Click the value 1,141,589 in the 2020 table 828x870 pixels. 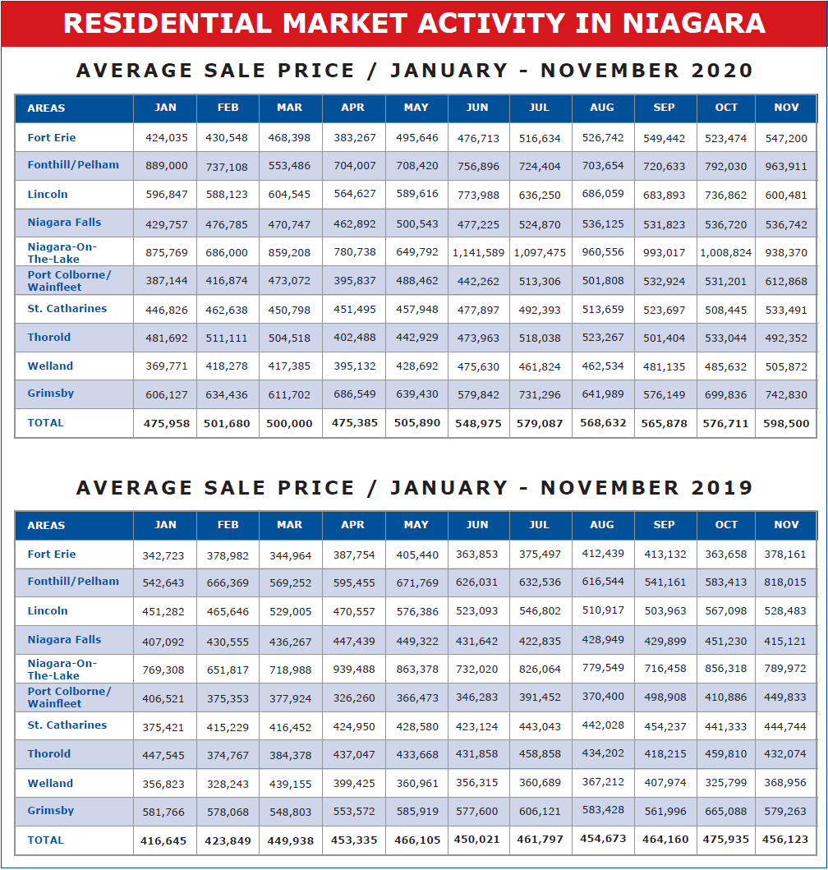coord(478,253)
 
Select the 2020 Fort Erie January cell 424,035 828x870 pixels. coord(167,137)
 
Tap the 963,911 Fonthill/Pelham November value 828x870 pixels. coord(786,166)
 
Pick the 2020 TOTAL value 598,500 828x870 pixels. coord(786,423)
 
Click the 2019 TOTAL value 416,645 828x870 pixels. coord(163,841)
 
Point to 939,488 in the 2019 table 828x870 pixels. coord(354,670)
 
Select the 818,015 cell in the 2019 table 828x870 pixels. coord(784,582)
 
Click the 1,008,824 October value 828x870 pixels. coord(725,253)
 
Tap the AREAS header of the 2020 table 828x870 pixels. coord(46,108)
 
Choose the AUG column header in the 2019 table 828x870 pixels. coord(602,524)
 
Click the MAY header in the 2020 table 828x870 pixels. coord(416,107)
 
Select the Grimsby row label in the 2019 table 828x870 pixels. coord(50,811)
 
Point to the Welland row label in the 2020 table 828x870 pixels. coord(50,366)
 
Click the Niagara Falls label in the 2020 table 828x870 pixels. coord(64,223)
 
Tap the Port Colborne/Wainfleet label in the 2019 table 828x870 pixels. coord(69,697)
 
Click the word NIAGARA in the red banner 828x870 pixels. coord(694,23)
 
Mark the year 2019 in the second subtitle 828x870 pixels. coord(721,488)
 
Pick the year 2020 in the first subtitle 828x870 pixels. coord(721,71)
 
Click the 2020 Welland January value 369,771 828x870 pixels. coord(167,366)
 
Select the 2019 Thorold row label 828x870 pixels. coord(48,754)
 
